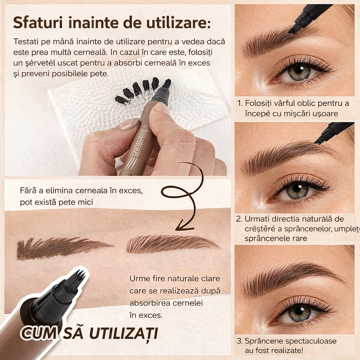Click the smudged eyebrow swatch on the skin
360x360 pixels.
click(63, 248)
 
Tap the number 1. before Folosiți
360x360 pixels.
click(240, 104)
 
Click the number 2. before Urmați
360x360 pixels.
click(239, 219)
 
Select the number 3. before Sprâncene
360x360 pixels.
click(239, 341)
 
